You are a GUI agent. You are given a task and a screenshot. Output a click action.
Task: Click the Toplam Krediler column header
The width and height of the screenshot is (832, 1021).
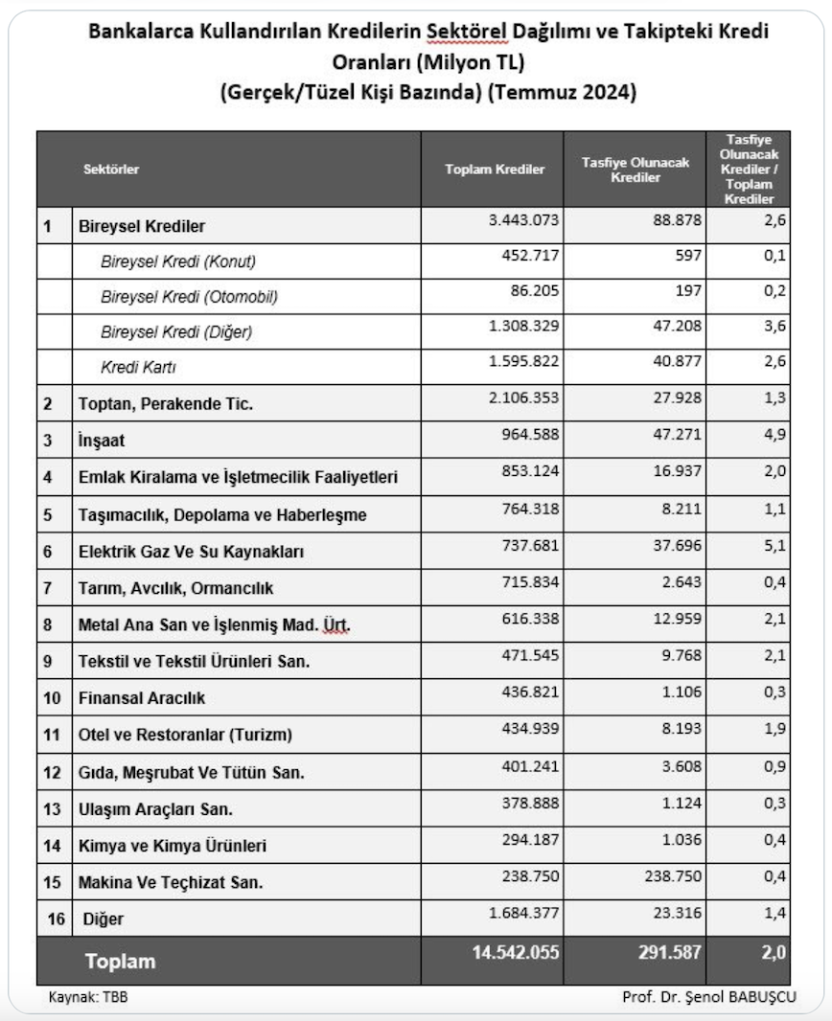coord(495,170)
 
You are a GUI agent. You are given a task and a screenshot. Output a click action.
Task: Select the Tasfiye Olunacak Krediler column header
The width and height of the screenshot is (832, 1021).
coord(635,170)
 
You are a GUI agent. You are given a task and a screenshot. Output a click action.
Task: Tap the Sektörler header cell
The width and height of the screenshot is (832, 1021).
coord(111,170)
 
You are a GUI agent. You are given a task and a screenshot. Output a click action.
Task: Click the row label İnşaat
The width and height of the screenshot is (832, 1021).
coord(102,442)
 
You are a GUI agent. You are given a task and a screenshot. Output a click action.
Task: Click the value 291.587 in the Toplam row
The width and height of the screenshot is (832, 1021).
coord(661,954)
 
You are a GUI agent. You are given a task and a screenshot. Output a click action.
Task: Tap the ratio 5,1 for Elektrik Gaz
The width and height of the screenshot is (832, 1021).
coord(776,550)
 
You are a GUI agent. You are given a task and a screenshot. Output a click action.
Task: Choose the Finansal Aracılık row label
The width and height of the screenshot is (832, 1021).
coord(141,698)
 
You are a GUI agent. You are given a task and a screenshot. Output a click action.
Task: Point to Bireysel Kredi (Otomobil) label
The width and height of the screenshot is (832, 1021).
coord(189,297)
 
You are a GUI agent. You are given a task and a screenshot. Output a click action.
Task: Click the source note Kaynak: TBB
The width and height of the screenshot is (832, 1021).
coord(88,997)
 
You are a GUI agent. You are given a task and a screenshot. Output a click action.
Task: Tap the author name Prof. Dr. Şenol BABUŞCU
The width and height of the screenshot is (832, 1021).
coord(708,997)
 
